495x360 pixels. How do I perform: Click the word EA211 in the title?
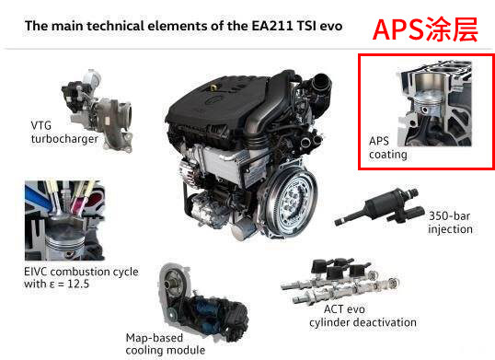click(x=272, y=26)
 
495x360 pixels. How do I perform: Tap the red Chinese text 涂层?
click(x=451, y=30)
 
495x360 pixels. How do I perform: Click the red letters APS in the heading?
click(x=397, y=30)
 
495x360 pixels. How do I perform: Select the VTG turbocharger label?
click(x=64, y=132)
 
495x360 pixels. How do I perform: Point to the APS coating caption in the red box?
click(x=388, y=147)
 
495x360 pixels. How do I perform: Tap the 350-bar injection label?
click(x=450, y=222)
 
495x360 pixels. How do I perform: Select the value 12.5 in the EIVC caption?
click(x=78, y=284)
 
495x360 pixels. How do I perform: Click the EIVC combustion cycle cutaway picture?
click(x=64, y=220)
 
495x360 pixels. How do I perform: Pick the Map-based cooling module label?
click(x=165, y=344)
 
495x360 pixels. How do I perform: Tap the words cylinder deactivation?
click(x=363, y=322)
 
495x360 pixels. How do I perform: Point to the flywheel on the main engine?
click(x=291, y=203)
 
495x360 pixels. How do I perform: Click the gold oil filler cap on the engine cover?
click(x=213, y=87)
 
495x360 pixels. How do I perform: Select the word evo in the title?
click(x=331, y=26)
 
